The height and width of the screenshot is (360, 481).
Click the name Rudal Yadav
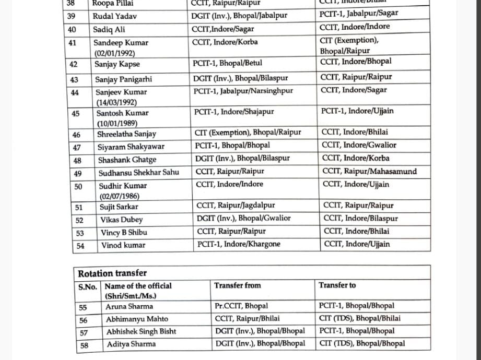click(x=115, y=16)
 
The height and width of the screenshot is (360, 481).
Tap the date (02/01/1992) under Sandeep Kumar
click(x=114, y=54)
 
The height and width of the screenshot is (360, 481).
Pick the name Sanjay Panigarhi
click(x=123, y=80)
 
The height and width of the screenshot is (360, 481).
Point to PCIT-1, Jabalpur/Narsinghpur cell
click(x=243, y=91)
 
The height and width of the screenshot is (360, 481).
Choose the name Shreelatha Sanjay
click(x=126, y=134)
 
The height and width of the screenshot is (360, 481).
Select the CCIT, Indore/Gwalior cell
click(x=359, y=146)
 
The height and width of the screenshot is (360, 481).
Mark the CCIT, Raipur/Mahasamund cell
click(x=369, y=171)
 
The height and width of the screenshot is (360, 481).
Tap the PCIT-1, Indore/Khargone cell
click(x=239, y=244)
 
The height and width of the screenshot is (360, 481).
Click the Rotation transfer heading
click(x=112, y=273)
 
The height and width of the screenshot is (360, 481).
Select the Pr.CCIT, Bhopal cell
click(x=241, y=306)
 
